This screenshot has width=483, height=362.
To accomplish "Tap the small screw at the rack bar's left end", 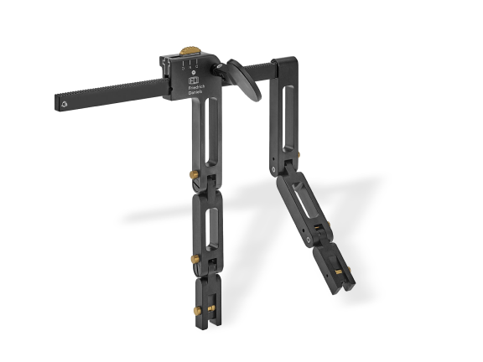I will click(65, 104).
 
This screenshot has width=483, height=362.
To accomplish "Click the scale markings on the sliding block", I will click(189, 63).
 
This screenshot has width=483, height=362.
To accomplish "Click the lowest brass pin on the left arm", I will click(198, 310).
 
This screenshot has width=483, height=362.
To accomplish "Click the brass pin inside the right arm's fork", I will click(338, 271).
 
